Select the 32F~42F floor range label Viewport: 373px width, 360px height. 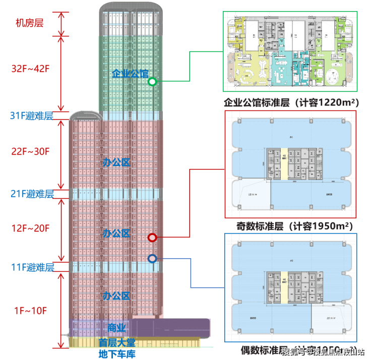click(x=31, y=69)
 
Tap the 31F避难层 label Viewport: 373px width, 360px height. click(x=32, y=116)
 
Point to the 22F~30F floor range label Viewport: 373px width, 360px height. click(x=31, y=151)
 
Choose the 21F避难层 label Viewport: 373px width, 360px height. click(x=32, y=194)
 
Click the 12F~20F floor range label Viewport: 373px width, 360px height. click(x=31, y=228)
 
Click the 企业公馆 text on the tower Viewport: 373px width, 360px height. click(x=130, y=74)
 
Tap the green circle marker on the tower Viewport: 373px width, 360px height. click(x=153, y=81)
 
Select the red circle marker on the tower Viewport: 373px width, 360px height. click(x=152, y=237)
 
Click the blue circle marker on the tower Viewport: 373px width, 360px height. click(x=152, y=259)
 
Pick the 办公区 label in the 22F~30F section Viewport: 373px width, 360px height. click(x=116, y=162)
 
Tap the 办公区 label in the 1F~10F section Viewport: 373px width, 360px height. click(x=116, y=295)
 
